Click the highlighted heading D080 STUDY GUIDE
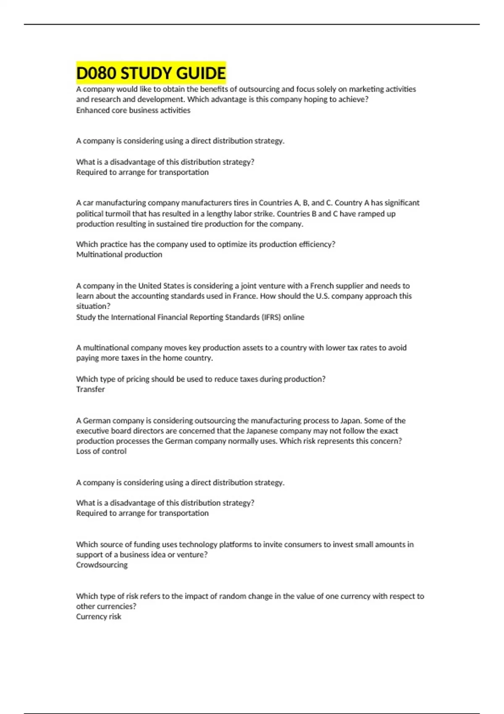coord(151,73)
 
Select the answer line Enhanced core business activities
coord(133,110)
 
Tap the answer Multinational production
coord(119,255)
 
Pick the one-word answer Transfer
coord(90,389)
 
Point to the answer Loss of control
coord(101,451)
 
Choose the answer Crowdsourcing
coord(102,565)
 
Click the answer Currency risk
coord(98,617)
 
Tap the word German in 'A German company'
coord(97,420)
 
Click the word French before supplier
coord(322,286)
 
